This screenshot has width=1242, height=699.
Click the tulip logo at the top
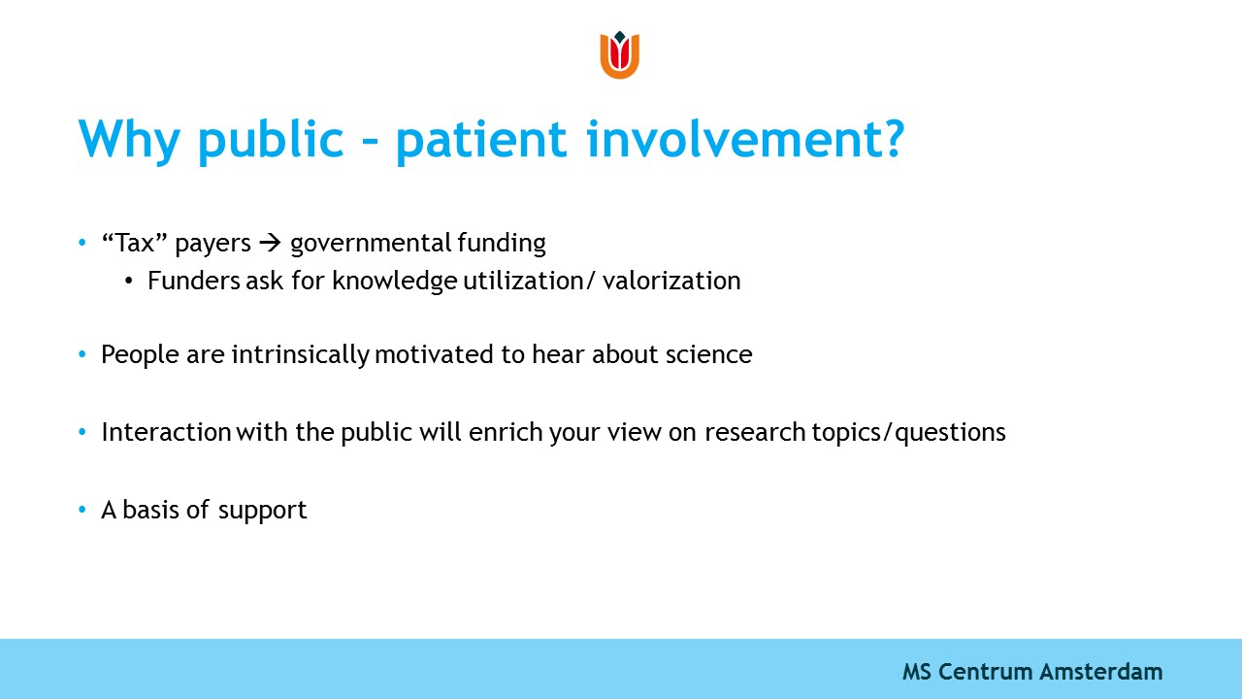pos(620,54)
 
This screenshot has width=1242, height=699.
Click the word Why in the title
pos(129,140)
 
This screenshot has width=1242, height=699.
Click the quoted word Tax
pos(135,243)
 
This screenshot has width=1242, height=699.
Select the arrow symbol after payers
pos(270,243)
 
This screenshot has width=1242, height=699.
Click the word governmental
pos(371,244)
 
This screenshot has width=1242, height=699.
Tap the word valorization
pos(671,281)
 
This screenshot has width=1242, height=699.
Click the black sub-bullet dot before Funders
pos(129,282)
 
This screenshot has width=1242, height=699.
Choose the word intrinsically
pos(301,355)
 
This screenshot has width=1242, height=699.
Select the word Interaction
pos(166,432)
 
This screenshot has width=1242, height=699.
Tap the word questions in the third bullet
pos(950,433)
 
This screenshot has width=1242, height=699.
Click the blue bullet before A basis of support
pos(82,510)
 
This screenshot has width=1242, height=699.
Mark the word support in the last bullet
pos(262,512)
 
